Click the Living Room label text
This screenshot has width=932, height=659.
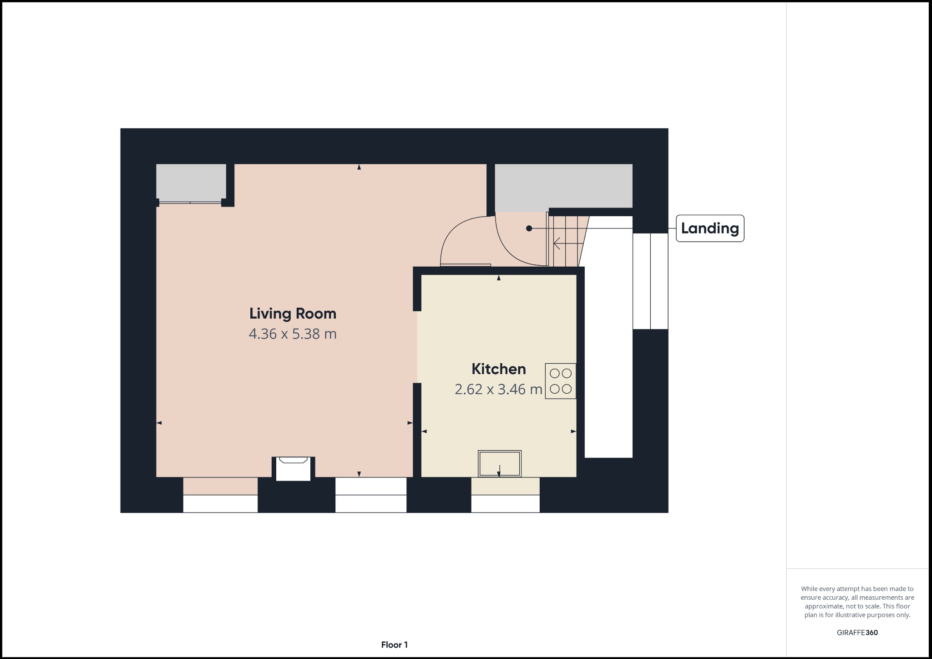pyautogui.click(x=293, y=314)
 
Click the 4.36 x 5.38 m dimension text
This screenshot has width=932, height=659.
pyautogui.click(x=293, y=334)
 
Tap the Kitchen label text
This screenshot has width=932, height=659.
pyautogui.click(x=498, y=369)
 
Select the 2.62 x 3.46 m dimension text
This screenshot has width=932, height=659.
pyautogui.click(x=498, y=390)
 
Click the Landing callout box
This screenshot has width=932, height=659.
pyautogui.click(x=709, y=228)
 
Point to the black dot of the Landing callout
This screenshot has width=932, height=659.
pyautogui.click(x=529, y=228)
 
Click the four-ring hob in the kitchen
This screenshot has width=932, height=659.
pyautogui.click(x=560, y=381)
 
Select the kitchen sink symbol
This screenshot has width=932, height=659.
pyautogui.click(x=499, y=463)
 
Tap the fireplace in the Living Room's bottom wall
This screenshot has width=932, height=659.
pyautogui.click(x=294, y=468)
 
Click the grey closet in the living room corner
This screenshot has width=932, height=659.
pyautogui.click(x=191, y=182)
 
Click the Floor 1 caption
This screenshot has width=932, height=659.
pyautogui.click(x=394, y=645)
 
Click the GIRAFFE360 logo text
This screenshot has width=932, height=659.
pyautogui.click(x=857, y=633)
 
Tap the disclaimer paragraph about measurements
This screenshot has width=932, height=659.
pyautogui.click(x=857, y=602)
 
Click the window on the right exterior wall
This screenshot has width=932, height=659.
pyautogui.click(x=650, y=281)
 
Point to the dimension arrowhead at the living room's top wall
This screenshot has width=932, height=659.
pyautogui.click(x=359, y=167)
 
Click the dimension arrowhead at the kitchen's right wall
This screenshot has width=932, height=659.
pyautogui.click(x=573, y=431)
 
